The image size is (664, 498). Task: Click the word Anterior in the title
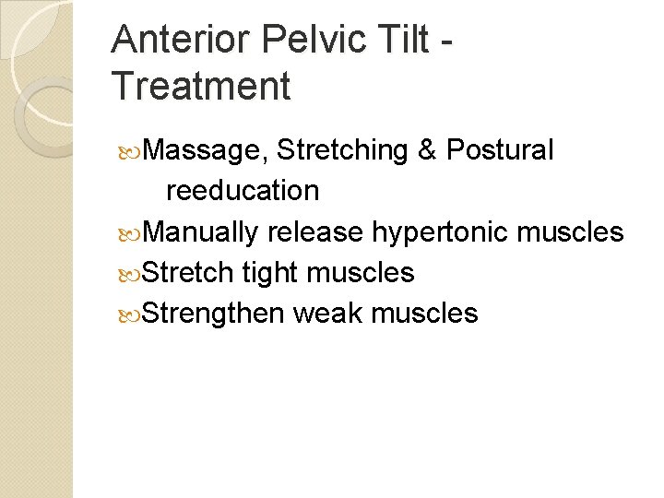[178, 41]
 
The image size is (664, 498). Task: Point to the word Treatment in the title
[201, 87]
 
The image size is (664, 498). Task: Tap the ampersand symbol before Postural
[427, 150]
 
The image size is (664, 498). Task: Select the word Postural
[500, 150]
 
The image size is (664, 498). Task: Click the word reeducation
[243, 191]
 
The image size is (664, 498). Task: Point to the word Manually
[201, 231]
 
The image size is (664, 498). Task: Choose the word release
[315, 231]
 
